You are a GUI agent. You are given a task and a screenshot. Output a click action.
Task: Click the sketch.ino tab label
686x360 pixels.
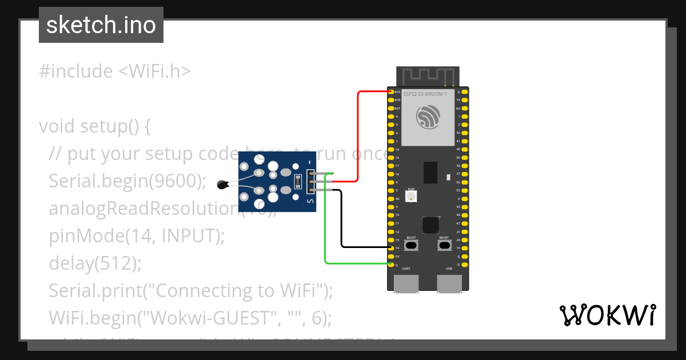[x=101, y=25]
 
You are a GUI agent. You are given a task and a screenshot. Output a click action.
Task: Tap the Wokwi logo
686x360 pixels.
[x=607, y=315]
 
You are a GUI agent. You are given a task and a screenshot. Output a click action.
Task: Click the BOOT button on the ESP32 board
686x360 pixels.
[x=411, y=246]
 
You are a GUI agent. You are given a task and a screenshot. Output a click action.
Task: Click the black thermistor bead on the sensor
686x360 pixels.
[x=222, y=184]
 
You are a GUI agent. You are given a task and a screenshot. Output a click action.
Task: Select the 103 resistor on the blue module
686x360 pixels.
[x=297, y=182]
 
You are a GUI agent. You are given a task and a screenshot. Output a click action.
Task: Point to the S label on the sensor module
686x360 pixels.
[x=310, y=201]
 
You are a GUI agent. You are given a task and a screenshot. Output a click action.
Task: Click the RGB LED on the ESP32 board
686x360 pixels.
[x=411, y=197]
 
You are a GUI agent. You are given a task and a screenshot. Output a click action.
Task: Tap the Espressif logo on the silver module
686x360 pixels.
[x=428, y=118]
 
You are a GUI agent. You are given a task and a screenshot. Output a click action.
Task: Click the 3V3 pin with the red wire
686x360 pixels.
[x=392, y=92]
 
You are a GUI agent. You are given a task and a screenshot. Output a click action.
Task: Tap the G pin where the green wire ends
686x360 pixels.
[x=392, y=265]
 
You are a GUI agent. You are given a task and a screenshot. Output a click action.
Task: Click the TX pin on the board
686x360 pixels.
[x=464, y=100]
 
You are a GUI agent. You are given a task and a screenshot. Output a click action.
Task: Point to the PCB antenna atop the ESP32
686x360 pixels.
[x=428, y=76]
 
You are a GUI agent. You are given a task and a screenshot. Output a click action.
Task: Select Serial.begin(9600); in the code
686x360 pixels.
[x=127, y=181]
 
